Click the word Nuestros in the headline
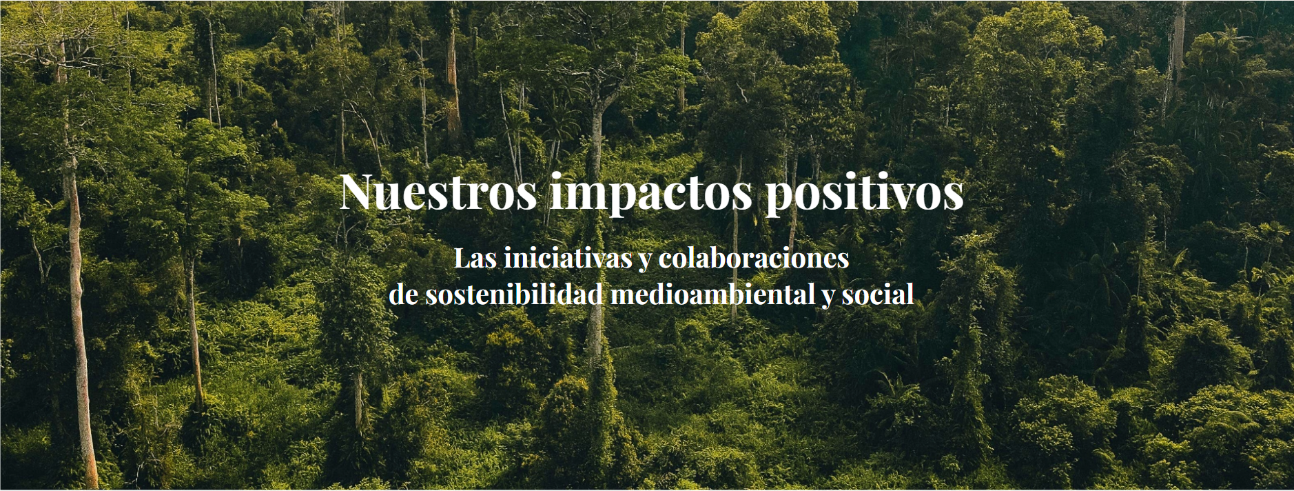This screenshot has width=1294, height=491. [x=438, y=192]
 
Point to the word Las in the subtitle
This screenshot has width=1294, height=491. [x=475, y=259]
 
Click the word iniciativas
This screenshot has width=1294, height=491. [x=568, y=259]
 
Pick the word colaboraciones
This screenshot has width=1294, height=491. [x=754, y=259]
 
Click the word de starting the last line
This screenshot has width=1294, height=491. [x=403, y=294]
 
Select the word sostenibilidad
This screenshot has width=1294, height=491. [x=514, y=294]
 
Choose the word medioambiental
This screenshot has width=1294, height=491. [x=713, y=294]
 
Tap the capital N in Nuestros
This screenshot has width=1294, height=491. [x=358, y=192]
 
